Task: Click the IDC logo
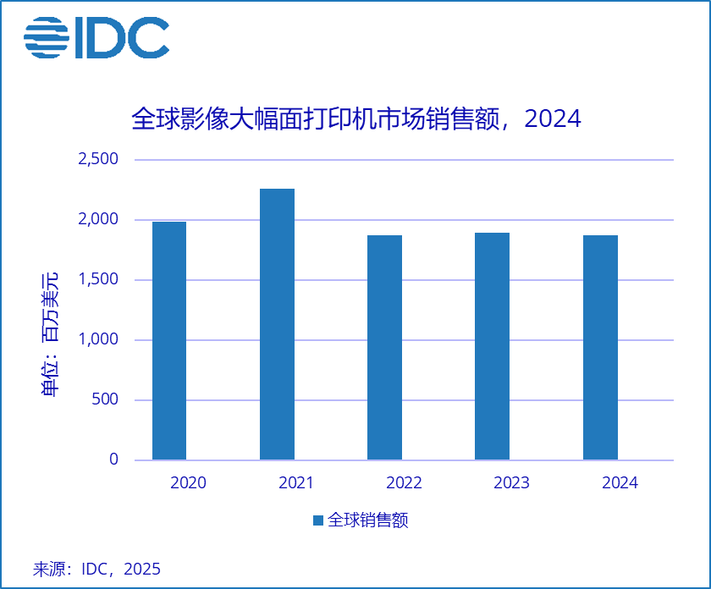96,37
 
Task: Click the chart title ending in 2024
355,118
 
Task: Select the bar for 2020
169,340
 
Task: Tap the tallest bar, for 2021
277,324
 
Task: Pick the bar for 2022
384,347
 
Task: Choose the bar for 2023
492,346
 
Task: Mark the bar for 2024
600,347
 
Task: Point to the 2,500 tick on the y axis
98,159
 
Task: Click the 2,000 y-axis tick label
98,219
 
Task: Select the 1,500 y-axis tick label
98,279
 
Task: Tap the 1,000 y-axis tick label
98,339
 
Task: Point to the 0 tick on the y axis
113,460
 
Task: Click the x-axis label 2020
188,483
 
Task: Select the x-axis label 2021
295,483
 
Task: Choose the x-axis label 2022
404,483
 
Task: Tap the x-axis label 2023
511,483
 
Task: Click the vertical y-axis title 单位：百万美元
50,333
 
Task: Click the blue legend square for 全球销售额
317,520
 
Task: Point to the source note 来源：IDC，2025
96,569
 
